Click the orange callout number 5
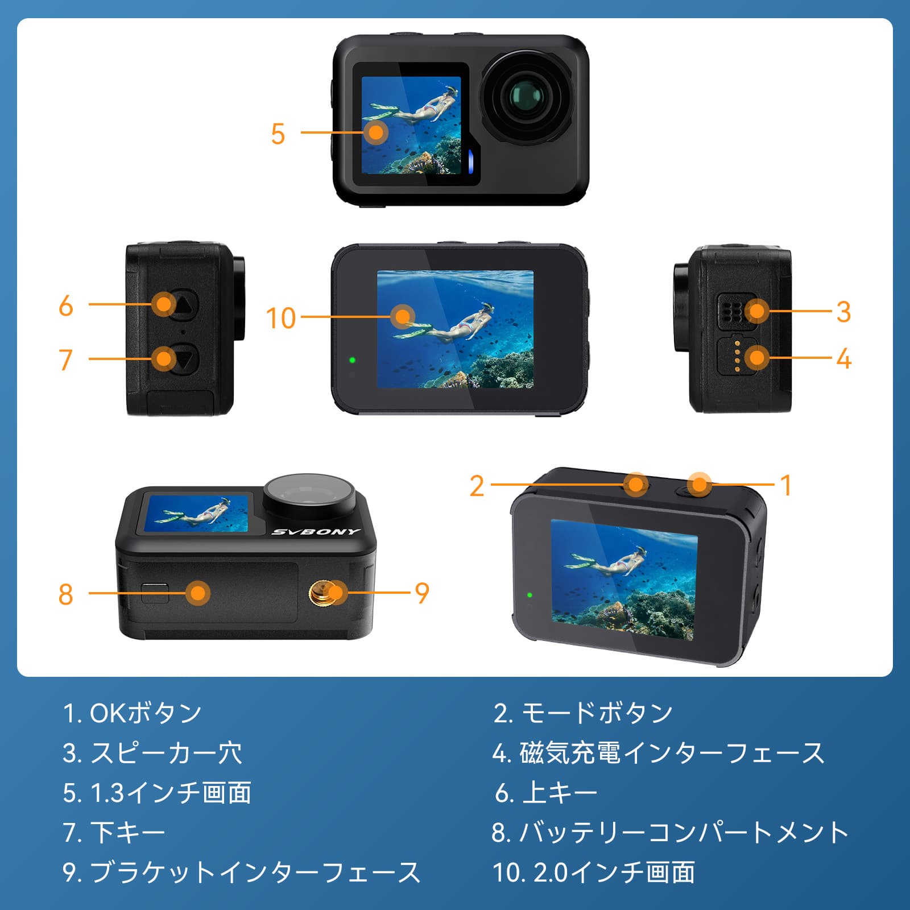(x=278, y=134)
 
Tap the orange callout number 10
(x=281, y=318)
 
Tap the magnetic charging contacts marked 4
(x=737, y=357)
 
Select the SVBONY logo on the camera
(x=316, y=532)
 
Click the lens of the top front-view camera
(x=526, y=98)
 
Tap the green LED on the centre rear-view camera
(x=353, y=360)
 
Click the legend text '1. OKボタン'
(x=133, y=713)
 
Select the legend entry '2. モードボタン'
(x=584, y=713)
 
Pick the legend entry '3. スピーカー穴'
(x=152, y=753)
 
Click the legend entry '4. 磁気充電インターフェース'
(x=659, y=753)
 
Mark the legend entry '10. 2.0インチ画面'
(x=594, y=872)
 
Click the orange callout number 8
(x=66, y=594)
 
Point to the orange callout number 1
(x=786, y=486)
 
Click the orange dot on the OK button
(x=700, y=485)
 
